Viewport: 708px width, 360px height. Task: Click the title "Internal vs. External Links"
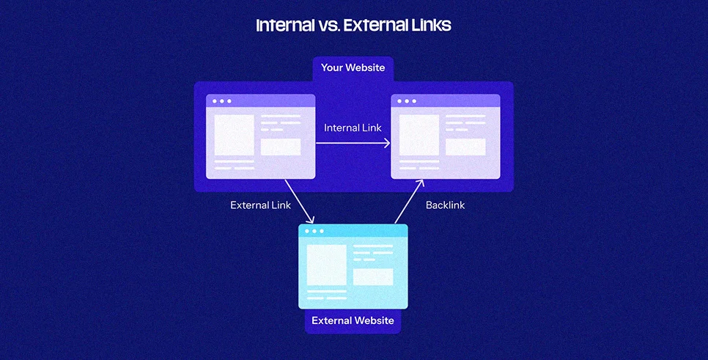tap(353, 25)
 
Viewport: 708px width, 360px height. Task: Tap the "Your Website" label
tap(353, 67)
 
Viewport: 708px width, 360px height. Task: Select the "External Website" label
tap(353, 320)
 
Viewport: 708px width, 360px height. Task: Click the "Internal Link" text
tap(353, 128)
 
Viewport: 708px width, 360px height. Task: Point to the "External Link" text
tap(260, 205)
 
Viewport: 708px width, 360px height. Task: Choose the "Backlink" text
tap(445, 205)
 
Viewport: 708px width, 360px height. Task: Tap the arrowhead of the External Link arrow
tap(310, 219)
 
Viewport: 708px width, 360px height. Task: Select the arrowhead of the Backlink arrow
tap(420, 183)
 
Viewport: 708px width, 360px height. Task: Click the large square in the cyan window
tap(327, 265)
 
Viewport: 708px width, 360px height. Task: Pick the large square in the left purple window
tap(235, 135)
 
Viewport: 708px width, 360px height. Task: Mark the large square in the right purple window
tap(419, 135)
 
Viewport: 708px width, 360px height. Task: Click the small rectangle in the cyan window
tap(373, 277)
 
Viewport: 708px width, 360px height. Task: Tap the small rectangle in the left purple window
tap(281, 147)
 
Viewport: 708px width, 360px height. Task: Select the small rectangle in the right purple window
tap(465, 147)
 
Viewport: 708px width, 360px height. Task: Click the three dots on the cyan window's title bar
tap(314, 231)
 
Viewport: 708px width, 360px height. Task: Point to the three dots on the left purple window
tap(221, 101)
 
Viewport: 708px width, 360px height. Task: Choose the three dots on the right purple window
tap(407, 101)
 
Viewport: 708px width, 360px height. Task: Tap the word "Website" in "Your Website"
tap(365, 67)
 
